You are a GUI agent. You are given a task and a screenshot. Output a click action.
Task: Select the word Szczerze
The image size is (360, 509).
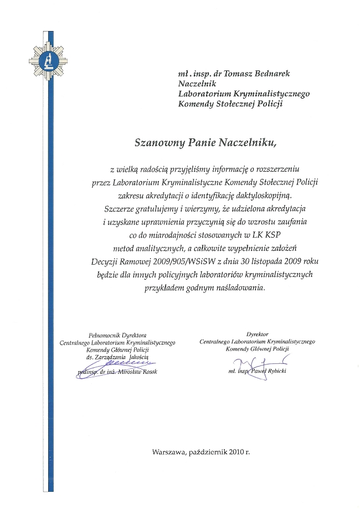click(x=120, y=209)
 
